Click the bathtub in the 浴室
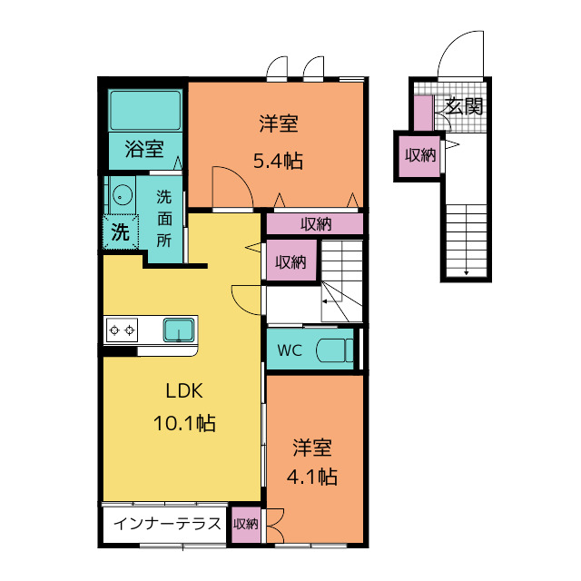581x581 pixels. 145,110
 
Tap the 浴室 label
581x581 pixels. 144,149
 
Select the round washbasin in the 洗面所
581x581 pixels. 123,195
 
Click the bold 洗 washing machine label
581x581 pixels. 121,232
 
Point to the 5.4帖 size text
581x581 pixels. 278,161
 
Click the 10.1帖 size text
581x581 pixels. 184,423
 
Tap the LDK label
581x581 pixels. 184,391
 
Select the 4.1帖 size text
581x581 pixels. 312,477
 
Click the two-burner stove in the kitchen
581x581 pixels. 122,330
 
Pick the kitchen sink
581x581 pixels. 179,330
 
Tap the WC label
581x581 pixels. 290,350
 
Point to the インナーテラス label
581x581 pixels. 167,524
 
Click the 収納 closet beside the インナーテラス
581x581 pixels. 246,524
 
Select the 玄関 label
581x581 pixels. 464,106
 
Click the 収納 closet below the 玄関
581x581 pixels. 419,156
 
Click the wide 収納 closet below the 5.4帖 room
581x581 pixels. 315,224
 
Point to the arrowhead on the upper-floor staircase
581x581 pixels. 325,301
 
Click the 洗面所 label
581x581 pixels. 163,219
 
